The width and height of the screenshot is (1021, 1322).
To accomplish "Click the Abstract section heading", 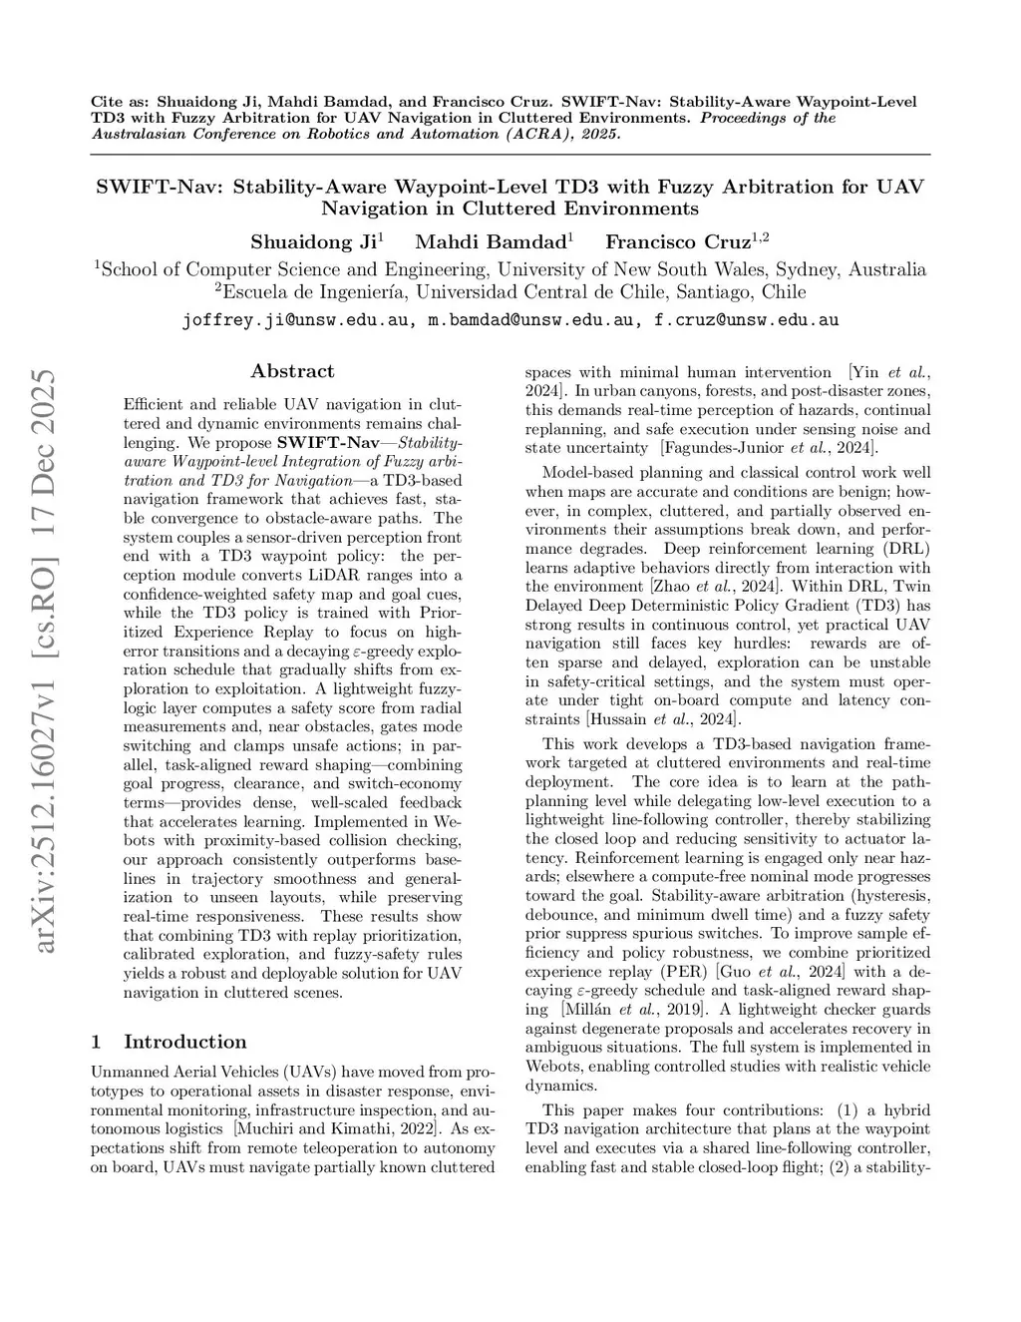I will pyautogui.click(x=292, y=371).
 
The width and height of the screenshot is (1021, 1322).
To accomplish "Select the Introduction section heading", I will pyautogui.click(x=184, y=1042).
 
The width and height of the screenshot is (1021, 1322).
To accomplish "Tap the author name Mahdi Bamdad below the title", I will pyautogui.click(x=492, y=241).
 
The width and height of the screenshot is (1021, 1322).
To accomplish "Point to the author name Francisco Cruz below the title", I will pyautogui.click(x=678, y=241).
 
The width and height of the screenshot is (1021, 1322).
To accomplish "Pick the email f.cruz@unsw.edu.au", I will pyautogui.click(x=746, y=320).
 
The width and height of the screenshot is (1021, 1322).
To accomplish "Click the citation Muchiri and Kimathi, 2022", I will pyautogui.click(x=330, y=1128).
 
